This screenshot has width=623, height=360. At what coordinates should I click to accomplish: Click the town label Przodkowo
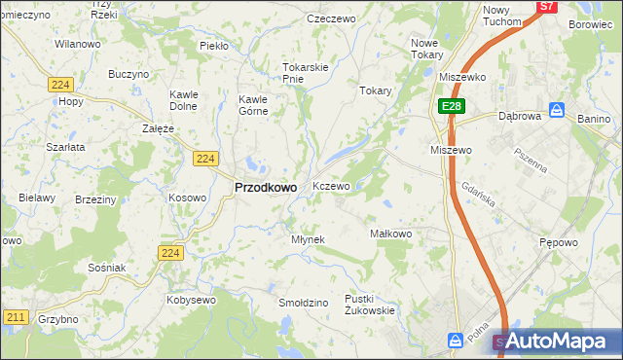click(x=266, y=188)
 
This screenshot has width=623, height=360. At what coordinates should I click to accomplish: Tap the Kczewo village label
click(x=331, y=186)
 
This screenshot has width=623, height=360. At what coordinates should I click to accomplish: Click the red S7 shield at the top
click(x=547, y=6)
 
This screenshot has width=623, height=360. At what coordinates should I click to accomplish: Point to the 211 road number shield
click(x=16, y=317)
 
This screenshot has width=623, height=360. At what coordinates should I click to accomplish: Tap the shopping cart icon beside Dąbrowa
click(x=556, y=110)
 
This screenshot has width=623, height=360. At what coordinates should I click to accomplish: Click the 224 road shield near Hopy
click(x=56, y=85)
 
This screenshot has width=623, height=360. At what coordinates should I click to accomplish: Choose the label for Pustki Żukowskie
click(x=369, y=305)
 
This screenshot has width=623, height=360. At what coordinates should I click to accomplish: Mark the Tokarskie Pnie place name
click(x=306, y=73)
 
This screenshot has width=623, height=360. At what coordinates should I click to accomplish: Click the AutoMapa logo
click(x=559, y=341)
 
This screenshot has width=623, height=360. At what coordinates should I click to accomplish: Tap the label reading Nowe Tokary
click(x=426, y=49)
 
